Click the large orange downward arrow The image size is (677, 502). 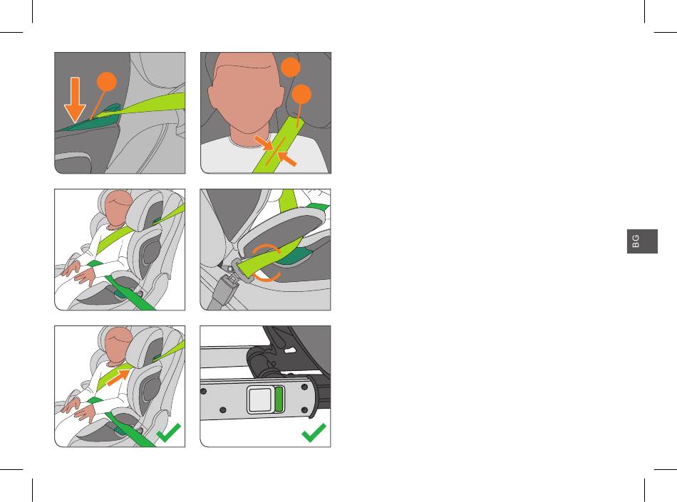[75, 100]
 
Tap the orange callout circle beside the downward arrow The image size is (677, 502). [107, 81]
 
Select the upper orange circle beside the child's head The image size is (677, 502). [291, 67]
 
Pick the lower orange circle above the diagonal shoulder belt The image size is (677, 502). [301, 94]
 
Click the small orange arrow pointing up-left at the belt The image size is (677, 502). [287, 158]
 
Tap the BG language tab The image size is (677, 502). [642, 241]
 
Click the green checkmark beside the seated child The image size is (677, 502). [168, 432]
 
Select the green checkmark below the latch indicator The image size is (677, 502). [314, 432]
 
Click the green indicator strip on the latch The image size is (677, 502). [279, 399]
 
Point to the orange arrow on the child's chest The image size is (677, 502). [118, 377]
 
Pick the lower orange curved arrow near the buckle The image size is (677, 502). [267, 277]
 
